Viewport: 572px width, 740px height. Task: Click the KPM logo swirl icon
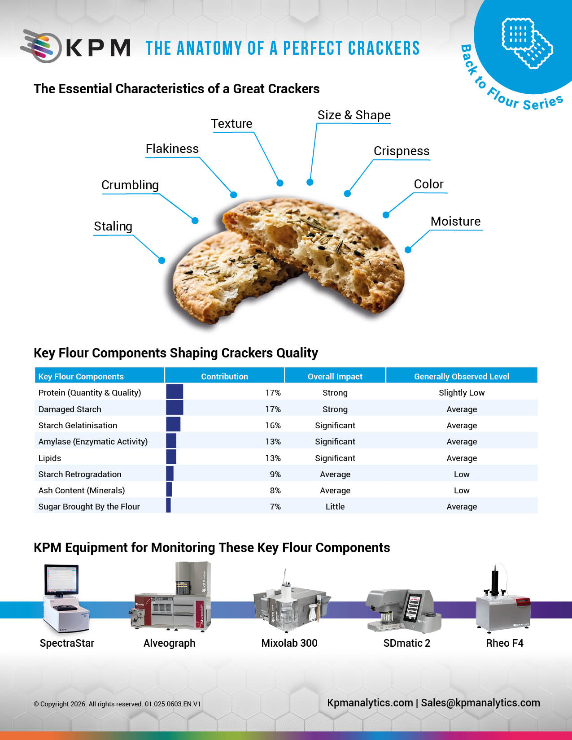(x=41, y=46)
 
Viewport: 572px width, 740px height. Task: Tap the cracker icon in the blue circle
(x=527, y=43)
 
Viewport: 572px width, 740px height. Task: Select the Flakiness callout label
(x=172, y=149)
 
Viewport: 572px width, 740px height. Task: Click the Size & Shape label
(x=354, y=115)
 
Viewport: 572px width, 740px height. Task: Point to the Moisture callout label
(x=455, y=222)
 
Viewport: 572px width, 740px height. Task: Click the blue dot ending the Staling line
(x=162, y=261)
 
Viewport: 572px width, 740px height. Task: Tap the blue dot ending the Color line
(x=386, y=215)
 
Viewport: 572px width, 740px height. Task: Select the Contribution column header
(x=224, y=376)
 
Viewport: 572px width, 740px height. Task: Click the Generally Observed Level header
(x=462, y=376)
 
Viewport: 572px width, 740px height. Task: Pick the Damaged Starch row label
(x=70, y=409)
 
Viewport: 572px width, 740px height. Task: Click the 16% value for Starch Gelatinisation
(x=273, y=425)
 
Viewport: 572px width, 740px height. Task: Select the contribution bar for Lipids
(x=171, y=457)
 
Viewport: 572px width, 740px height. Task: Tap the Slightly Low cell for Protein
(x=462, y=392)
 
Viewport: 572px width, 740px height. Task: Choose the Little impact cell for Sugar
(x=335, y=506)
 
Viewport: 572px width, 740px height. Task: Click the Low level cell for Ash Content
(x=462, y=490)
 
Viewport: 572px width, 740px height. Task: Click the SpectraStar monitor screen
(x=61, y=579)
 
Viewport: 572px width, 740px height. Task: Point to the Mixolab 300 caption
(x=289, y=643)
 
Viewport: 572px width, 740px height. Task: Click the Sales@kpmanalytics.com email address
(x=480, y=702)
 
